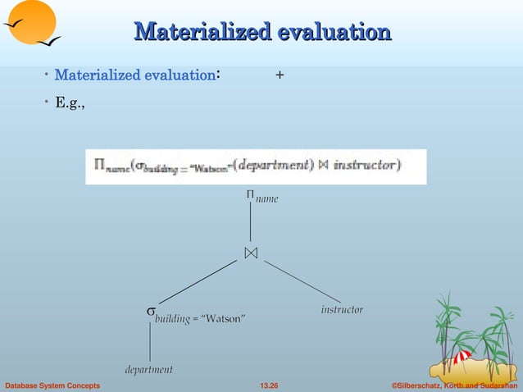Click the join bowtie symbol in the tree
coord(250,253)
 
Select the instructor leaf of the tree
coord(341,310)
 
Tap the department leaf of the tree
coord(148,370)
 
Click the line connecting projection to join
coord(250,222)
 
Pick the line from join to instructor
coord(302,281)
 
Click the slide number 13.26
coord(268,385)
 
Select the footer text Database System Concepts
coord(53,385)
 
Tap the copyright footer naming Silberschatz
coord(455,385)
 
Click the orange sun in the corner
coord(31,21)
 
